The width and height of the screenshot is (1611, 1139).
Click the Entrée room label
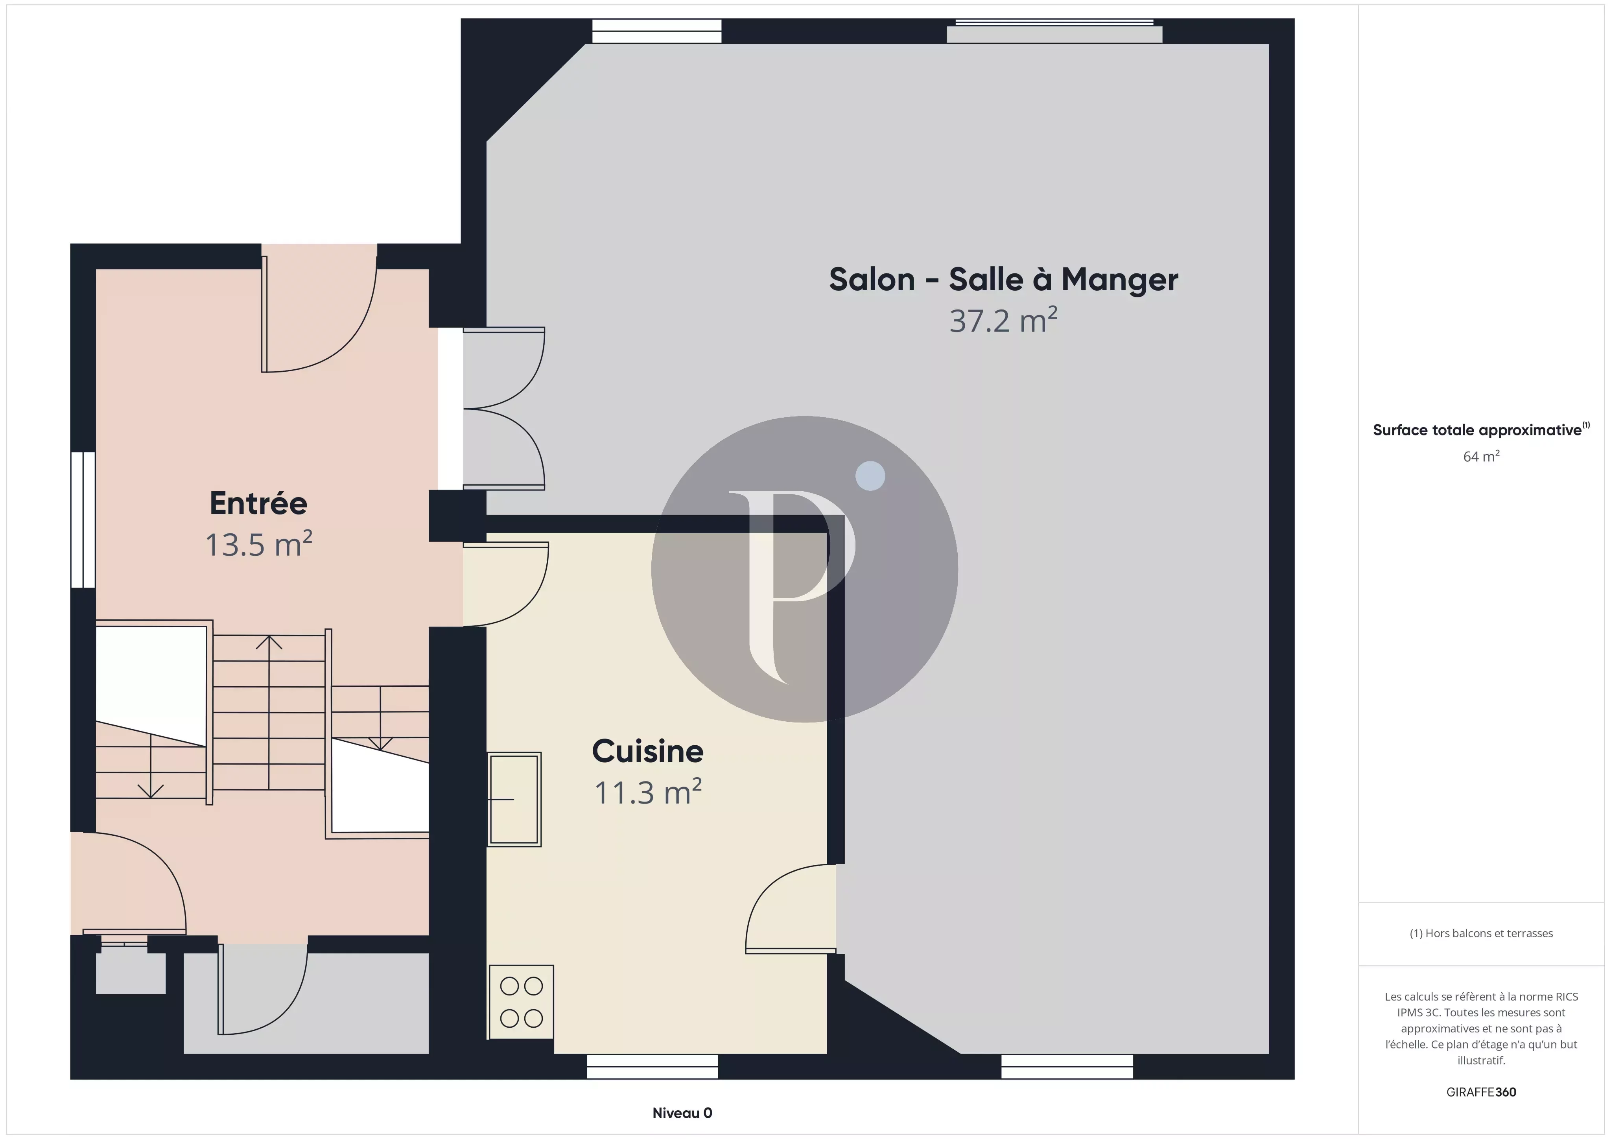[x=258, y=503]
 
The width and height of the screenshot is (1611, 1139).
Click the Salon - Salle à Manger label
[x=1003, y=279]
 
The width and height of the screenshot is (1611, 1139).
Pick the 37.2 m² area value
[x=1003, y=320]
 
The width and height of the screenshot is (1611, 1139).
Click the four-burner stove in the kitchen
[x=521, y=1002]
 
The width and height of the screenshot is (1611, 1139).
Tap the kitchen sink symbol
[x=514, y=799]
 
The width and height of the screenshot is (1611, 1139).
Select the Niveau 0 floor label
[x=682, y=1112]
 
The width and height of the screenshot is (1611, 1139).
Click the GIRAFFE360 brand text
[x=1481, y=1092]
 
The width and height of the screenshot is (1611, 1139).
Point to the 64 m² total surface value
[x=1481, y=456]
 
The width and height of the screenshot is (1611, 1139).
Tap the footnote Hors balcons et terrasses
[x=1481, y=933]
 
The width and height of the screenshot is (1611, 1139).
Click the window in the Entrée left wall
[x=83, y=520]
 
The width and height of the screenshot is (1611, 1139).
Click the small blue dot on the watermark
[x=870, y=476]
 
